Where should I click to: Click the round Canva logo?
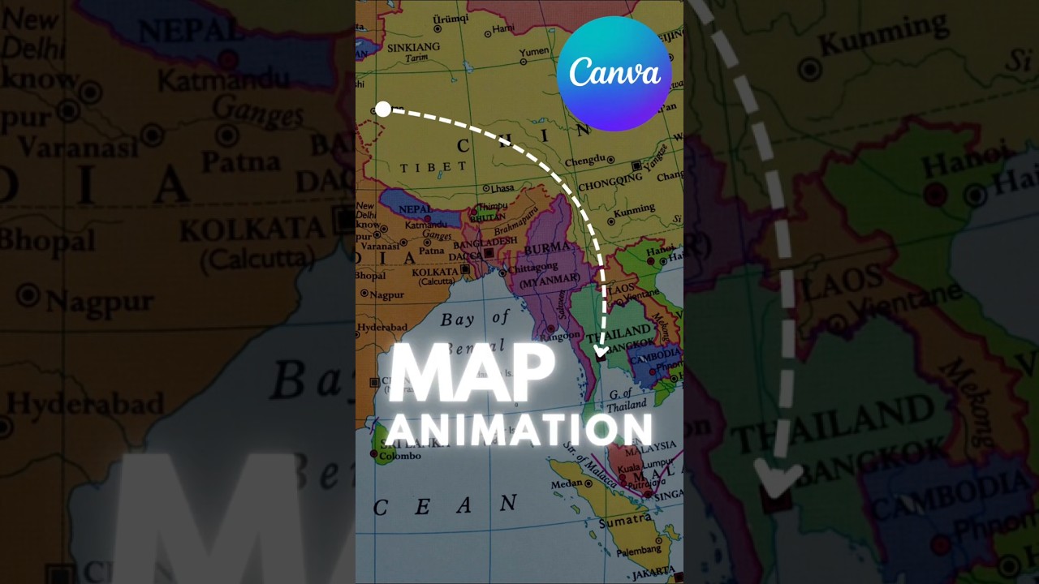click(x=614, y=73)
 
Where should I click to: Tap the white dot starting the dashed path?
click(x=383, y=109)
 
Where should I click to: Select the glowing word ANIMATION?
click(x=519, y=428)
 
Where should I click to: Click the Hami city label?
click(x=503, y=29)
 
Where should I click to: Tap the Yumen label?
click(x=534, y=53)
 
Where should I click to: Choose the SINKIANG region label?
click(x=413, y=48)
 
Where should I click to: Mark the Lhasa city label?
click(x=502, y=187)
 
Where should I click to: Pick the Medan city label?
click(x=567, y=484)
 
